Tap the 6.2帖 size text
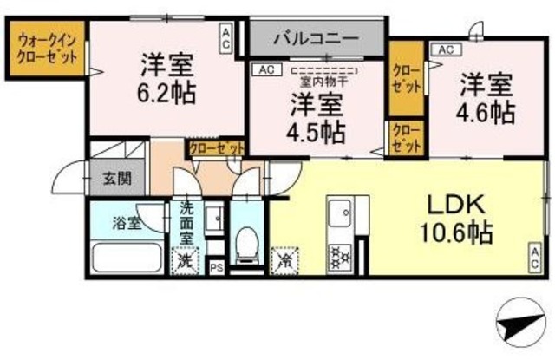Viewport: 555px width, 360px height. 167,89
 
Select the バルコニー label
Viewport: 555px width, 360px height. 316,38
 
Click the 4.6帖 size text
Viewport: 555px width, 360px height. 486,112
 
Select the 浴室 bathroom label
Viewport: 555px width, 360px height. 126,223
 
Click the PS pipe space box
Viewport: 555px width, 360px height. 216,267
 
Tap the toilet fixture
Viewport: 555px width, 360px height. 248,244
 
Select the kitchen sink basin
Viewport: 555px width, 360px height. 337,211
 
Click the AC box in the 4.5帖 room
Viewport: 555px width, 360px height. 263,68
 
